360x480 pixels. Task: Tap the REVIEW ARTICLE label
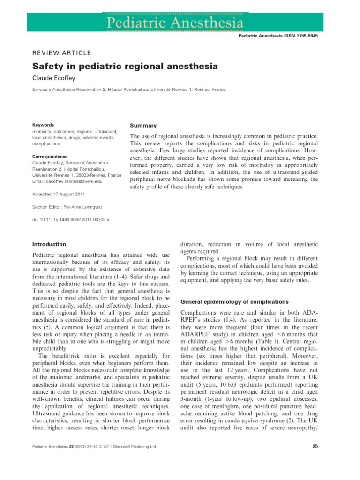(61, 53)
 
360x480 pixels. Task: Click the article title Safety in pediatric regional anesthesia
(125, 67)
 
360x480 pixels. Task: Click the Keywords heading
(43, 125)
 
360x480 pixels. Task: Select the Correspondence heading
(50, 156)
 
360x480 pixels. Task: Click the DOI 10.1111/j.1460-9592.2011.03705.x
(70, 218)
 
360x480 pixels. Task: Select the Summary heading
(143, 126)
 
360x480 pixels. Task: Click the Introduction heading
(49, 244)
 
